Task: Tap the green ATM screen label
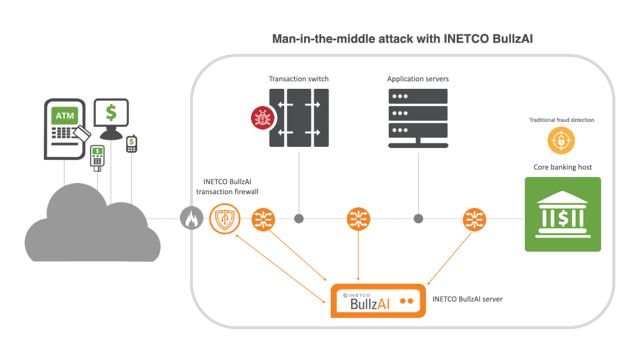[x=65, y=115]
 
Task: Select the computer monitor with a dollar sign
[x=111, y=114]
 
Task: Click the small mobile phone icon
[x=131, y=144]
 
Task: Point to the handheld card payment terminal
[x=97, y=157]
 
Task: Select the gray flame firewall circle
[x=191, y=219]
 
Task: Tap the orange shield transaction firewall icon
[x=224, y=219]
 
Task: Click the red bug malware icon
[x=262, y=119]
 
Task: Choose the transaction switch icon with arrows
[x=299, y=118]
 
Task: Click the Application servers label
[x=418, y=79]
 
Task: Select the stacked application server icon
[x=418, y=117]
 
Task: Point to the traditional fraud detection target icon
[x=561, y=142]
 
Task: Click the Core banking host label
[x=563, y=167]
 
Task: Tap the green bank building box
[x=563, y=214]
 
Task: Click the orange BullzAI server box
[x=377, y=301]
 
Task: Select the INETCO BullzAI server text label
[x=467, y=299]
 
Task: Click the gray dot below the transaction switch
[x=299, y=219]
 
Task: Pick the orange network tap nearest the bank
[x=475, y=219]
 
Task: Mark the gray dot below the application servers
[x=418, y=219]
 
